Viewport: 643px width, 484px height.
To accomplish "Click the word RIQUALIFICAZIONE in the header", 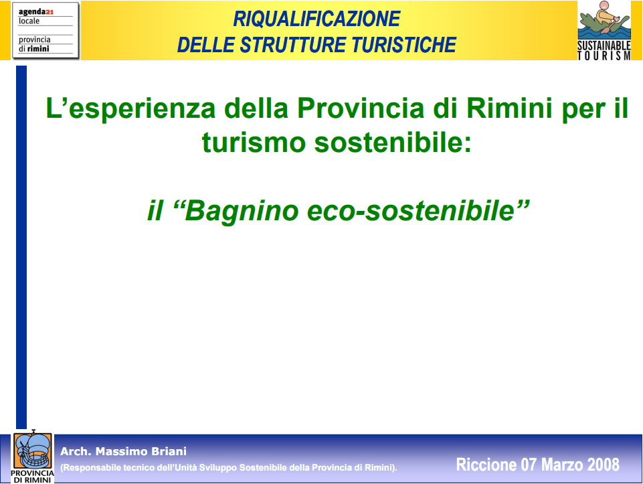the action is click(316, 19).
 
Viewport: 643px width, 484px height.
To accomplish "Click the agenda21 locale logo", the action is click(45, 30).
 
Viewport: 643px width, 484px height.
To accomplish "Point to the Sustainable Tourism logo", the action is click(604, 31).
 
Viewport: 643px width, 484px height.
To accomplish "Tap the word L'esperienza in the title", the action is click(130, 109).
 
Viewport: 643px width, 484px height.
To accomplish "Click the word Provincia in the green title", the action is click(361, 108).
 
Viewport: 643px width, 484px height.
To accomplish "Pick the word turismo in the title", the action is click(254, 143).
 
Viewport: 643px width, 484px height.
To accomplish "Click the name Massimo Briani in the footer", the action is click(141, 452).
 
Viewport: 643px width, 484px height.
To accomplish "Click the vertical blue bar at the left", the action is click(21, 247).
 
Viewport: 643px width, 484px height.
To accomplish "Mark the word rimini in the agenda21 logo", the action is click(38, 49).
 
